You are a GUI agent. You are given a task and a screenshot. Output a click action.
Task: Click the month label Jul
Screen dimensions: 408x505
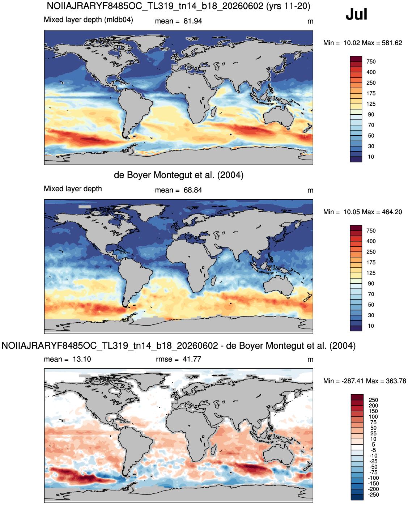pos(356,14)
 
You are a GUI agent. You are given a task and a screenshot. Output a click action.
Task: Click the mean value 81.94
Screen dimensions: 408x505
pos(193,21)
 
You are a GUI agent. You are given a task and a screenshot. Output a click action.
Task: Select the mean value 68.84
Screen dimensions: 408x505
pos(193,190)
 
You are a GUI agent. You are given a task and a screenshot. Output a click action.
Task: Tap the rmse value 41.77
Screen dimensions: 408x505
pos(192,359)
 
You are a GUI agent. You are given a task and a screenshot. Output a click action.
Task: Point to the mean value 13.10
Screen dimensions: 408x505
pos(82,359)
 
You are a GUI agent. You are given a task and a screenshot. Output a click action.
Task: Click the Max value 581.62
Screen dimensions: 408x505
pos(392,43)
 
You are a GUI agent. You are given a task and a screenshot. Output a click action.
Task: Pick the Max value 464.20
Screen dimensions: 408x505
pos(392,212)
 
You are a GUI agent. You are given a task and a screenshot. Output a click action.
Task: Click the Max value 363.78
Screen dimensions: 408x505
pos(396,381)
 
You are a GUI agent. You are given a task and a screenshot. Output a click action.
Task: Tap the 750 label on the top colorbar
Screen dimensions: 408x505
pos(371,61)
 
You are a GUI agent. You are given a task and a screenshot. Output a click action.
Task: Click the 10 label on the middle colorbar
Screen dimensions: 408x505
pos(371,326)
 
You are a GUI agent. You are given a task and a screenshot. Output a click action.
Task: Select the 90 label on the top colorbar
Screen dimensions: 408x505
pos(371,115)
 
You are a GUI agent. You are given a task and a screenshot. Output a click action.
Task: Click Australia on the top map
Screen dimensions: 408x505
pos(279,116)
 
